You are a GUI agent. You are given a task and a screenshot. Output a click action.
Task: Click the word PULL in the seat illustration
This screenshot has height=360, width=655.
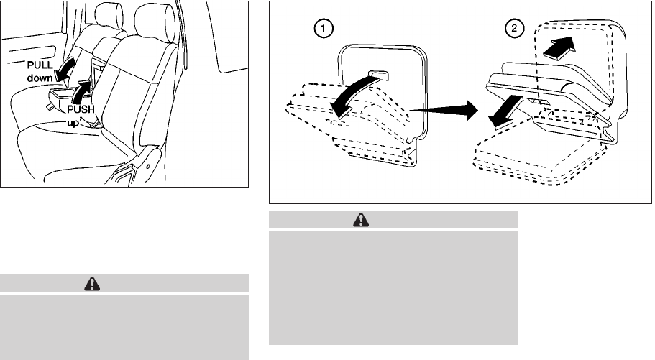coord(40,65)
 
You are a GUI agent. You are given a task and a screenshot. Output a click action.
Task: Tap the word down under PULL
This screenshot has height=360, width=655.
coord(41,77)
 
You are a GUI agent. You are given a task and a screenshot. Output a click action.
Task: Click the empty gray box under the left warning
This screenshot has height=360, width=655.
coord(124,326)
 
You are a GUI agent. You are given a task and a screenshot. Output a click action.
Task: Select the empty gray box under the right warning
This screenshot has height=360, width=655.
coord(393,287)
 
